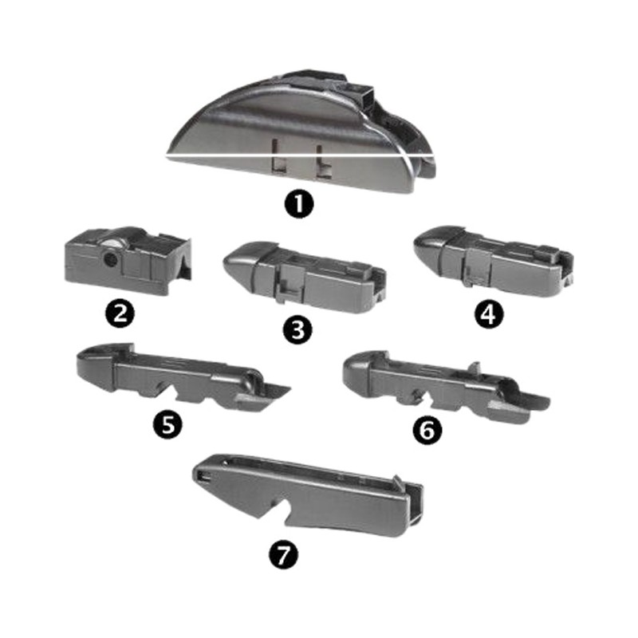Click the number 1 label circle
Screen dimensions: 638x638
[299, 204]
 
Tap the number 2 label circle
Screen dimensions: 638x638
[120, 314]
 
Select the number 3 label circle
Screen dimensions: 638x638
[298, 329]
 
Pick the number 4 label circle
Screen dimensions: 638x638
[489, 314]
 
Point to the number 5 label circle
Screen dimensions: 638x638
[167, 424]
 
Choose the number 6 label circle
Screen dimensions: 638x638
[427, 430]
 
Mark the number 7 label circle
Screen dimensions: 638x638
[284, 555]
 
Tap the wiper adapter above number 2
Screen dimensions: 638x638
[128, 261]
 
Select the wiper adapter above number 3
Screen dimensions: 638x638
[305, 277]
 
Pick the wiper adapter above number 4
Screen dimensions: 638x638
[493, 261]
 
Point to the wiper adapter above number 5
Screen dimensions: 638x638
[183, 378]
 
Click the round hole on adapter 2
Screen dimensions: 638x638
[109, 259]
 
